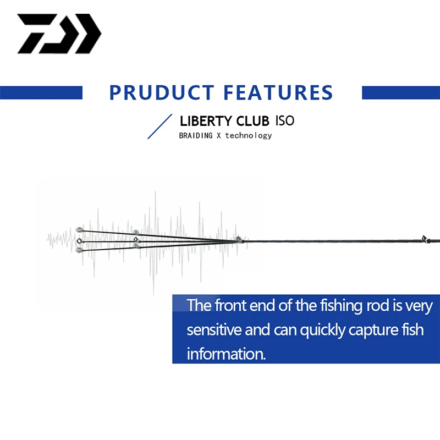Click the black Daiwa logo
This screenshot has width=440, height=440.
click(x=59, y=34)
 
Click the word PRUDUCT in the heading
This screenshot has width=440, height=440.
click(x=162, y=92)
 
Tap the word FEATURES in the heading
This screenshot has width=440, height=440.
click(x=278, y=92)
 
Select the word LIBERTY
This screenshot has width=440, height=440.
click(x=206, y=121)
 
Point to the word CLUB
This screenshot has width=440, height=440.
click(x=252, y=121)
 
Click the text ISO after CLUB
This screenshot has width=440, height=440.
click(x=285, y=120)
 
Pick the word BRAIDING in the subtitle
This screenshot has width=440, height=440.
click(x=196, y=135)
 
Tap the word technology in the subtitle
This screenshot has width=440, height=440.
click(x=249, y=136)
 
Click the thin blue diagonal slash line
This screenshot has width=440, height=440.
click(x=159, y=127)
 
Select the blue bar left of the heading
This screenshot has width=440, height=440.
click(x=41, y=92)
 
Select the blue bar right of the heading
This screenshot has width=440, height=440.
click(x=401, y=92)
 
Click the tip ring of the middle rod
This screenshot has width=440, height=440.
click(x=79, y=241)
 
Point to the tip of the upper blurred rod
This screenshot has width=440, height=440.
click(x=79, y=230)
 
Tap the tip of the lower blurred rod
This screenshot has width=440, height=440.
click(x=79, y=250)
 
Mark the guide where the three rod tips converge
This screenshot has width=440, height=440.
click(x=239, y=239)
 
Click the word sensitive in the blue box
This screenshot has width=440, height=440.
click(x=214, y=329)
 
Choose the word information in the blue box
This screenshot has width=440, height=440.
click(x=226, y=354)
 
